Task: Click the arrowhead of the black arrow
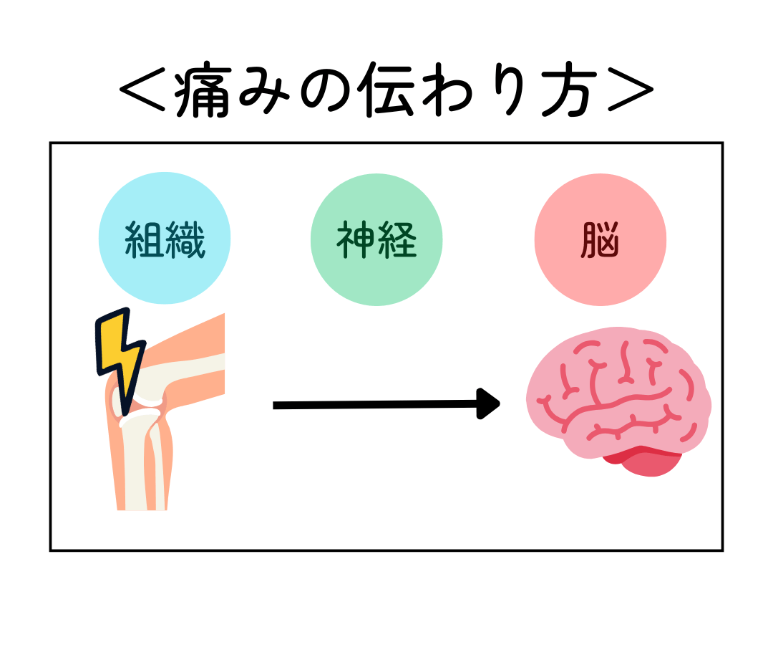click(x=489, y=404)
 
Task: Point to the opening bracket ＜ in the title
click(x=143, y=92)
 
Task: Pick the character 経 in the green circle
click(x=397, y=240)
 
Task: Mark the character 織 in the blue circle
click(x=186, y=240)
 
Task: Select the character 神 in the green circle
click(x=356, y=240)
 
